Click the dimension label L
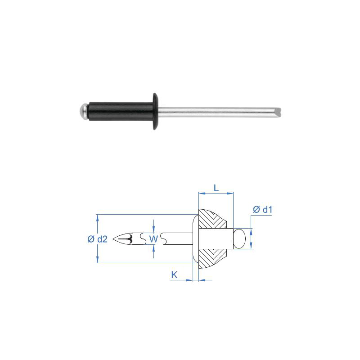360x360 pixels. pos(216,188)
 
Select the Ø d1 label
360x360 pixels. pos(262,209)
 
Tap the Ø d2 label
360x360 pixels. pos(97,239)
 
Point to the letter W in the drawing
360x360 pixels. pos(153,239)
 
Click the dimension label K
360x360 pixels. pos(174,274)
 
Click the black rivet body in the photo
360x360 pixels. pos(121,111)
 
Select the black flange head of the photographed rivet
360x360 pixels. pos(155,111)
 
